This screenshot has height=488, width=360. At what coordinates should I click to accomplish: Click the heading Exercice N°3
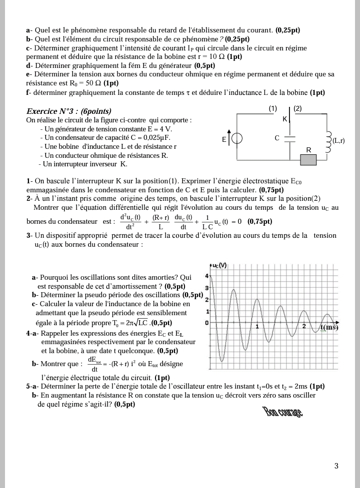click(68, 111)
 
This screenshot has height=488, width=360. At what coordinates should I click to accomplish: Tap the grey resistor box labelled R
click(308, 159)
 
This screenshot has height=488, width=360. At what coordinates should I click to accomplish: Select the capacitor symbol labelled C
click(290, 138)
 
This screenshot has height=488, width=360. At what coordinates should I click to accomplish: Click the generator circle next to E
click(237, 139)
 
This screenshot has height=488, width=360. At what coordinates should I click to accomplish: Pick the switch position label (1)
click(272, 108)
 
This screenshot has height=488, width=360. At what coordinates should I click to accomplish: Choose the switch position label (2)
click(297, 108)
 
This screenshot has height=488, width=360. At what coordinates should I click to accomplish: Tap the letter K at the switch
click(285, 119)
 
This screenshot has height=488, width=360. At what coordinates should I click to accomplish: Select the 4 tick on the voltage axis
click(207, 276)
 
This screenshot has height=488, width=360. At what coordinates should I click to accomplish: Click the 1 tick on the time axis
click(257, 327)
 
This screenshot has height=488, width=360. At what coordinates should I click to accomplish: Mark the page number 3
click(336, 466)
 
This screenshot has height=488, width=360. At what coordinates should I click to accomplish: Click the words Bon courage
click(282, 412)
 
